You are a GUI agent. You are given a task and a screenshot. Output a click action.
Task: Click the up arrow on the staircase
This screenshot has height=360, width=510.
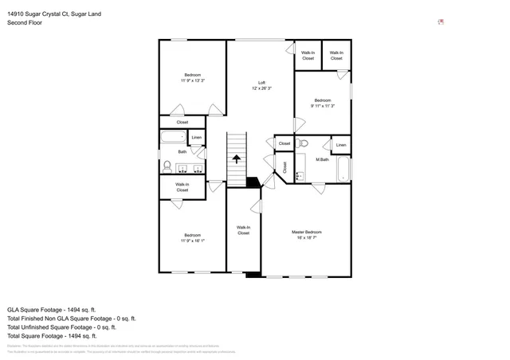point(237,158)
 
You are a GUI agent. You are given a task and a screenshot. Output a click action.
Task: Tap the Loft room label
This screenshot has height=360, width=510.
point(261,83)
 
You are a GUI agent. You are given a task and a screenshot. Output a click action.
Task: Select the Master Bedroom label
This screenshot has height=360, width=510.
point(306,232)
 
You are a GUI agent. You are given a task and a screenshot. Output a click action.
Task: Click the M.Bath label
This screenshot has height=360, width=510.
point(322,159)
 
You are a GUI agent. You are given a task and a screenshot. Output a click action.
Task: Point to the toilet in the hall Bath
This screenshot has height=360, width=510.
point(167,166)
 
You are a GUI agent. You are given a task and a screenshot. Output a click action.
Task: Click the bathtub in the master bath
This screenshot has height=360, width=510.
point(343,168)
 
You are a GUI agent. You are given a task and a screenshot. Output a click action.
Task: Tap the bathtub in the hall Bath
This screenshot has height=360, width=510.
point(171,138)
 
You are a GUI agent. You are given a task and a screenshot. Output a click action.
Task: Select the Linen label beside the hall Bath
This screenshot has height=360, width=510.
point(196,138)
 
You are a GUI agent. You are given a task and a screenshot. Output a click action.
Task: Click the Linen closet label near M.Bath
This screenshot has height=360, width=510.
point(340,144)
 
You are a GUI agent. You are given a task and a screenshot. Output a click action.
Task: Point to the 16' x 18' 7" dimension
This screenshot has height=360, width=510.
point(306,237)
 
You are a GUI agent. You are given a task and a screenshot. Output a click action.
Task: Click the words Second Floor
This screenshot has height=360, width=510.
point(25,23)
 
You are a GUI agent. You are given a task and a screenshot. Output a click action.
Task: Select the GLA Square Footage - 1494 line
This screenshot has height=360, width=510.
point(52,309)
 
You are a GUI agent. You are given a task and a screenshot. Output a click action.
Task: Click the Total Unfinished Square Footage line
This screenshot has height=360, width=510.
point(61,327)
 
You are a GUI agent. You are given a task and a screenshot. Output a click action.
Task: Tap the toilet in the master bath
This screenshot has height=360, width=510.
point(302,144)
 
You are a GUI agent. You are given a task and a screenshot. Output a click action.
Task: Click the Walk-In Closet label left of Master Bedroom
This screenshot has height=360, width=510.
point(243,230)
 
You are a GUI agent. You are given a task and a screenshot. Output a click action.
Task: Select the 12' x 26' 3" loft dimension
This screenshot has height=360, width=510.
point(261,88)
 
